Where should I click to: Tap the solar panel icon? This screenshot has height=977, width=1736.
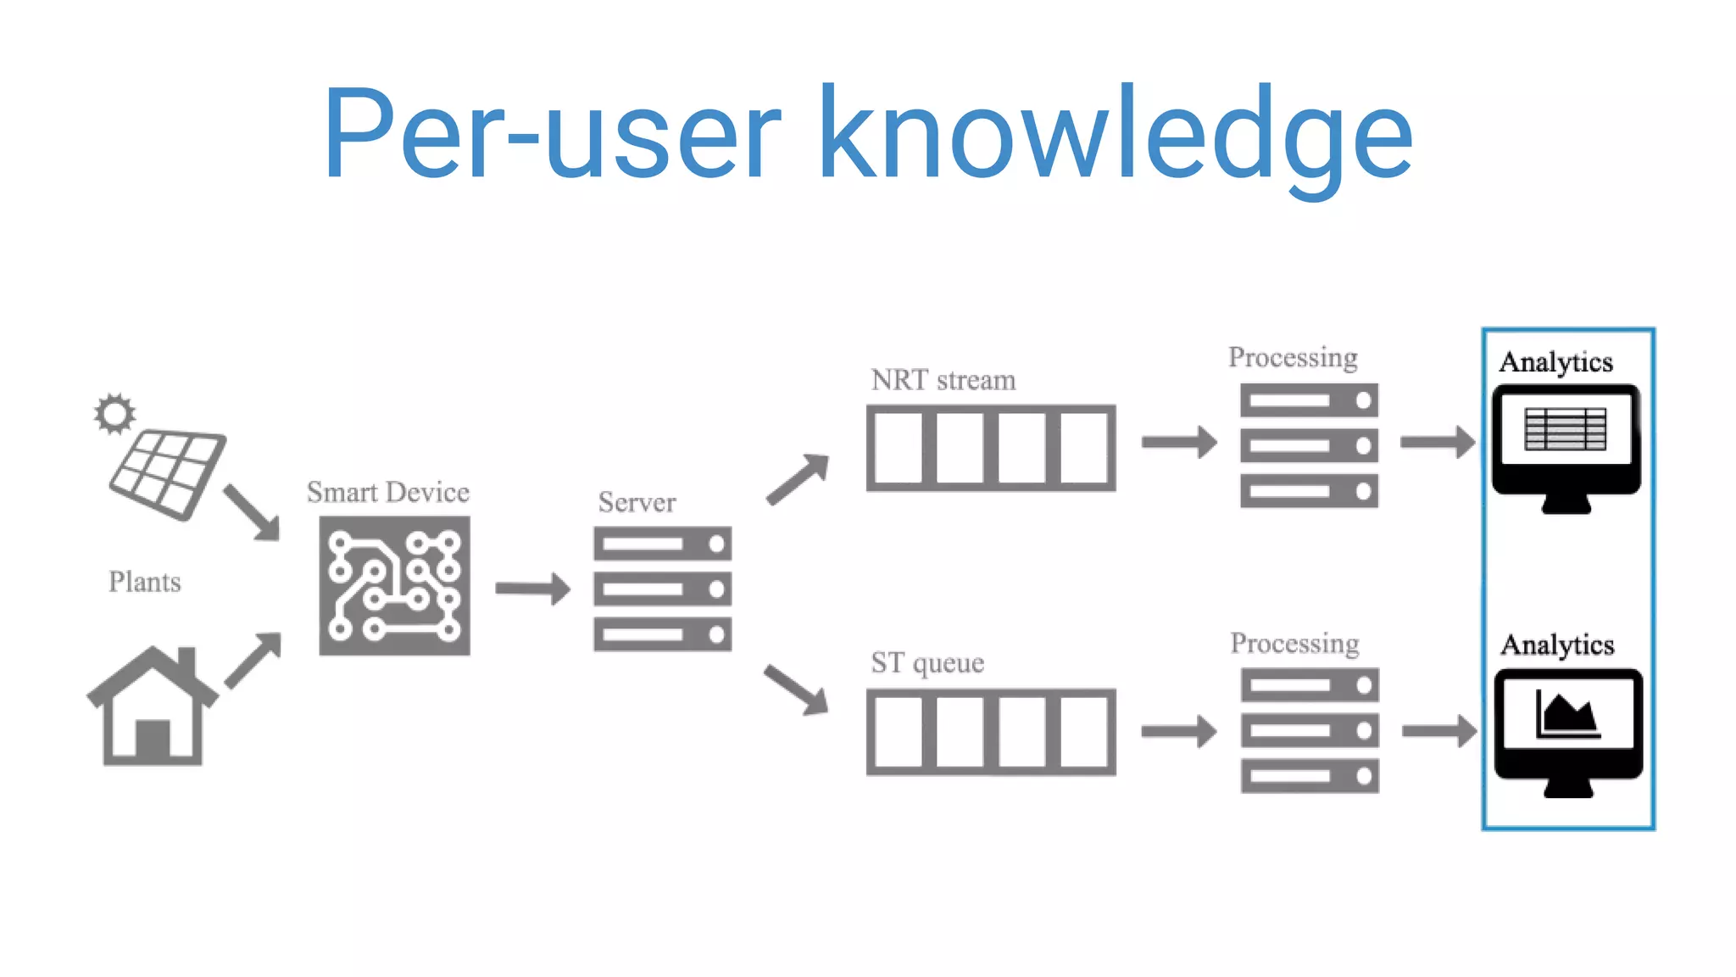[168, 473]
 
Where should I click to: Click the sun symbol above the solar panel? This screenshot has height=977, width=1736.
[114, 414]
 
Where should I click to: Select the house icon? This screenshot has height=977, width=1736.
[152, 708]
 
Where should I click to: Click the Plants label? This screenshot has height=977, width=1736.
[145, 582]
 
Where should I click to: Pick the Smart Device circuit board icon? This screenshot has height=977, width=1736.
[394, 585]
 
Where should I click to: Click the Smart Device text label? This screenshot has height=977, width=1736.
[387, 493]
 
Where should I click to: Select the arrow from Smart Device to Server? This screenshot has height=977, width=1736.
[532, 589]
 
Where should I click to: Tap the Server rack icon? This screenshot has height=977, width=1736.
[662, 589]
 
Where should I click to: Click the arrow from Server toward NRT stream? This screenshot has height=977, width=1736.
[797, 480]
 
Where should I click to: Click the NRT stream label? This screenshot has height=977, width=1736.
[943, 380]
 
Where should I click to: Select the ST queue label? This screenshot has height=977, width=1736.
[927, 662]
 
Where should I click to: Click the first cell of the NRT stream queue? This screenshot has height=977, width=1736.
[899, 448]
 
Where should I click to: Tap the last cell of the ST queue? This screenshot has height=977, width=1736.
[1083, 732]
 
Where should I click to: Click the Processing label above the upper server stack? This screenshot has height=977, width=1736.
[1293, 357]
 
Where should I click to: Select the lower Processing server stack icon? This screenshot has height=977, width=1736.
[1310, 730]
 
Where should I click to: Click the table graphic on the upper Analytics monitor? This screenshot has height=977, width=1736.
[1565, 429]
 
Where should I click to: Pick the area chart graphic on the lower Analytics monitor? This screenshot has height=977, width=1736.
[1567, 714]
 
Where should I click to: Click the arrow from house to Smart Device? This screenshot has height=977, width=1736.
[253, 660]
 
